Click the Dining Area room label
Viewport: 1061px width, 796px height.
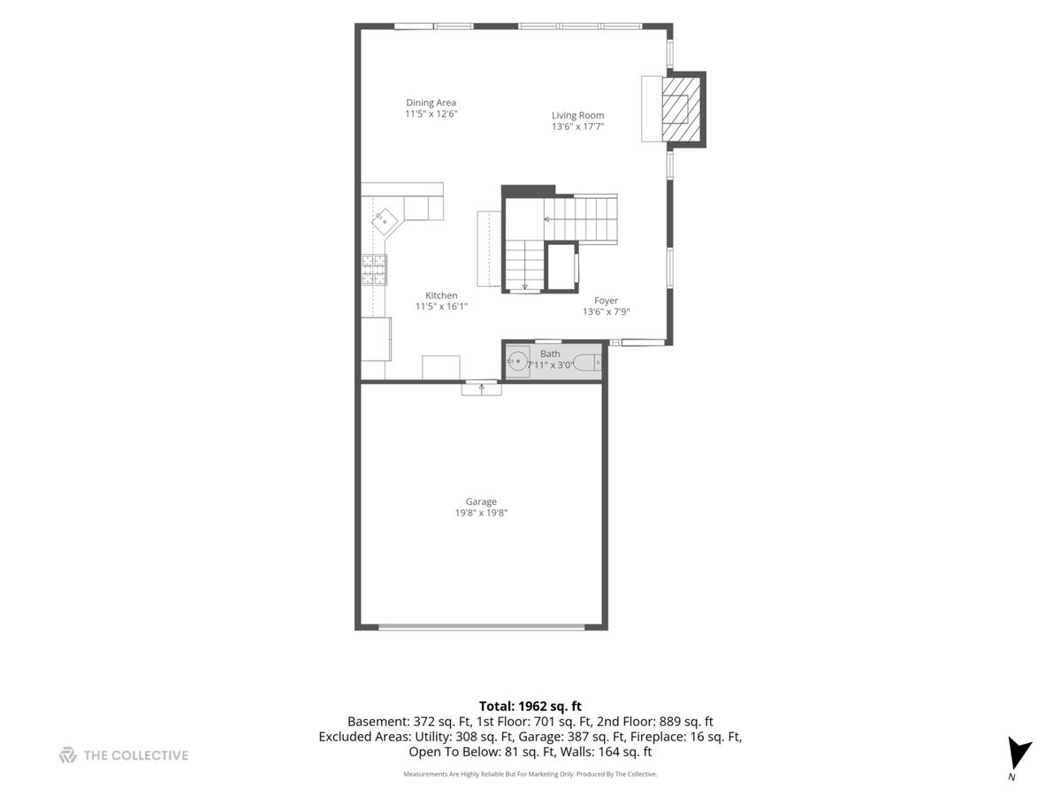point(431,103)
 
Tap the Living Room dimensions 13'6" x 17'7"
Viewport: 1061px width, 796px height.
point(577,126)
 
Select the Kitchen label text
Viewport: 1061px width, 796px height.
point(441,295)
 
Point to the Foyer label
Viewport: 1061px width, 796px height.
point(606,301)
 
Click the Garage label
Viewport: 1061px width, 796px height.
point(481,501)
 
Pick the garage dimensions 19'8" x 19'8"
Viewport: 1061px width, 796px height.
point(481,513)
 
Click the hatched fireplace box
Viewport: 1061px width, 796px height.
point(681,109)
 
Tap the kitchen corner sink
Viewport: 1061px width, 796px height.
point(385,222)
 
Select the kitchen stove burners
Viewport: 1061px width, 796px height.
point(374,270)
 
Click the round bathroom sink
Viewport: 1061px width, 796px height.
point(516,361)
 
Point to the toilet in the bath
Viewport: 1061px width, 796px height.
point(587,362)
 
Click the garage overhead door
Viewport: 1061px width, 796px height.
point(482,627)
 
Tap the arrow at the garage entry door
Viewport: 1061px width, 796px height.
point(482,388)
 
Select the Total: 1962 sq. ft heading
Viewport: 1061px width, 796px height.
point(530,706)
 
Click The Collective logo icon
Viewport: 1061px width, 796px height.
point(68,755)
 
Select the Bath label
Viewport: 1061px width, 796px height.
point(550,354)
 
